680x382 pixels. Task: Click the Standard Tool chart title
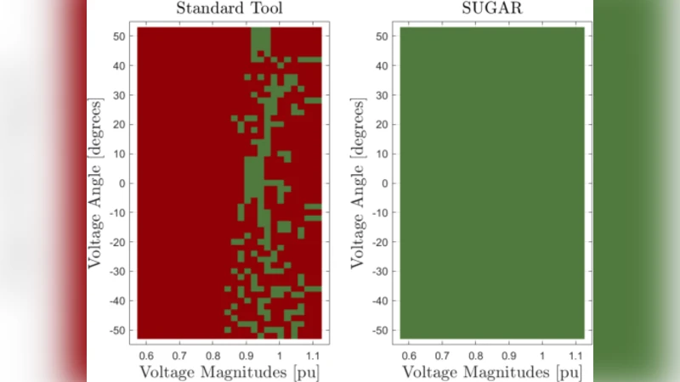[x=229, y=10]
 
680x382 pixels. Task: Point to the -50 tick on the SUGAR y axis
[x=382, y=329]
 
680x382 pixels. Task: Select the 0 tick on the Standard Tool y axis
[x=124, y=183]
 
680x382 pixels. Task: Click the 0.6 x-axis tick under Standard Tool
[x=146, y=353]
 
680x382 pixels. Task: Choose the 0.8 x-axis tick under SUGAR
[x=475, y=353]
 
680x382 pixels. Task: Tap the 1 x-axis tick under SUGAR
[x=542, y=353]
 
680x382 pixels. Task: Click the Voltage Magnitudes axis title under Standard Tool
[x=229, y=372]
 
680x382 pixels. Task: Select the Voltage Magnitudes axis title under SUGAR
[x=492, y=372]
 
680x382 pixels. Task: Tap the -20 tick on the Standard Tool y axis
[x=120, y=242]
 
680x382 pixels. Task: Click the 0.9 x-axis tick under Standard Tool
[x=246, y=353]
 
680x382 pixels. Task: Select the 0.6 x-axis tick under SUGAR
[x=409, y=353]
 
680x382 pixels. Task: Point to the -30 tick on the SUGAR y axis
[x=382, y=271]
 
